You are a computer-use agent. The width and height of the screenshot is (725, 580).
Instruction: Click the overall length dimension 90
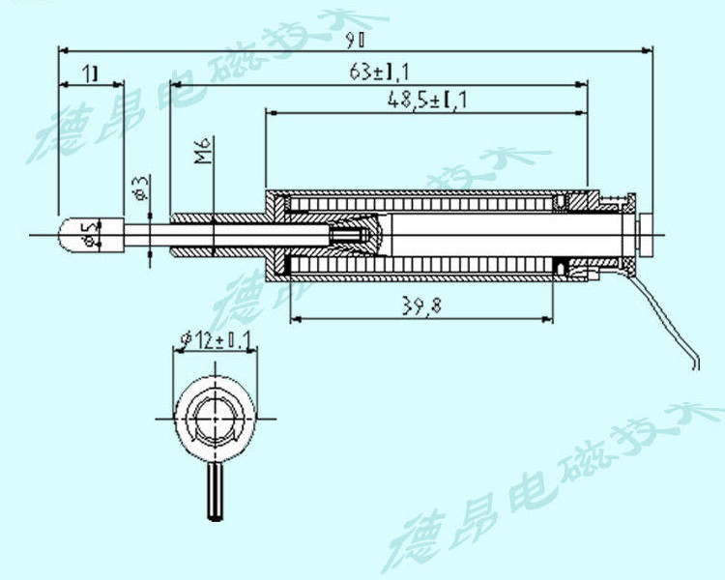click(355, 40)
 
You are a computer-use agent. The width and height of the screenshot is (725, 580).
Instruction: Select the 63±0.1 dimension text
click(378, 72)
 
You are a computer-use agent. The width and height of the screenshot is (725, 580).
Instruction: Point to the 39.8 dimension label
click(421, 306)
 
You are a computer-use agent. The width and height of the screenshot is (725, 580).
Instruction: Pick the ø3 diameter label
click(141, 187)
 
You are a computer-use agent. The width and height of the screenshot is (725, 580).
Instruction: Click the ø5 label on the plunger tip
click(90, 232)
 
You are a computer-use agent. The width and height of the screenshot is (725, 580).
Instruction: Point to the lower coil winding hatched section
click(425, 265)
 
